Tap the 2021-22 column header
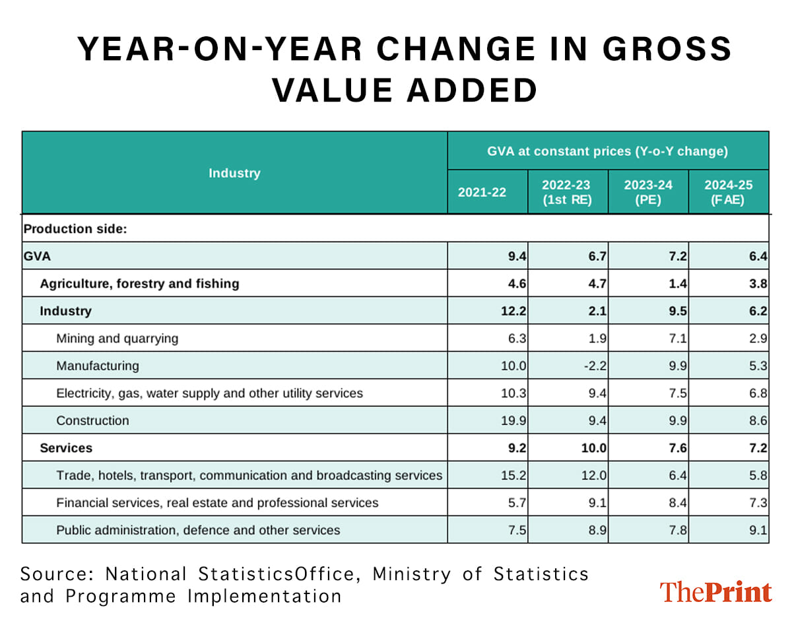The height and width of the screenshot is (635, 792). pyautogui.click(x=482, y=192)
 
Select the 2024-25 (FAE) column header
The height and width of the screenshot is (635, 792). pyautogui.click(x=728, y=192)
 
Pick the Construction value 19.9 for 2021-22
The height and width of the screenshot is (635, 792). pyautogui.click(x=513, y=420)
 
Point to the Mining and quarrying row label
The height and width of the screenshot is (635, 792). pyautogui.click(x=117, y=339)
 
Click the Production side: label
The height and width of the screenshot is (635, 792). pyautogui.click(x=75, y=229)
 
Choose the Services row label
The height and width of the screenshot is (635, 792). pyautogui.click(x=66, y=448)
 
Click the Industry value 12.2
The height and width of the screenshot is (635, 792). pyautogui.click(x=513, y=311)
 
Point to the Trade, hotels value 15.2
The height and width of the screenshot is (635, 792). pyautogui.click(x=513, y=475)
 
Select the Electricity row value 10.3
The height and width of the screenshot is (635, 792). pyautogui.click(x=513, y=393)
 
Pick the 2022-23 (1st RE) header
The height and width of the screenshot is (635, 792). pyautogui.click(x=566, y=192)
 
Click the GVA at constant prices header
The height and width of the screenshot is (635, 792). pyautogui.click(x=607, y=151)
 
